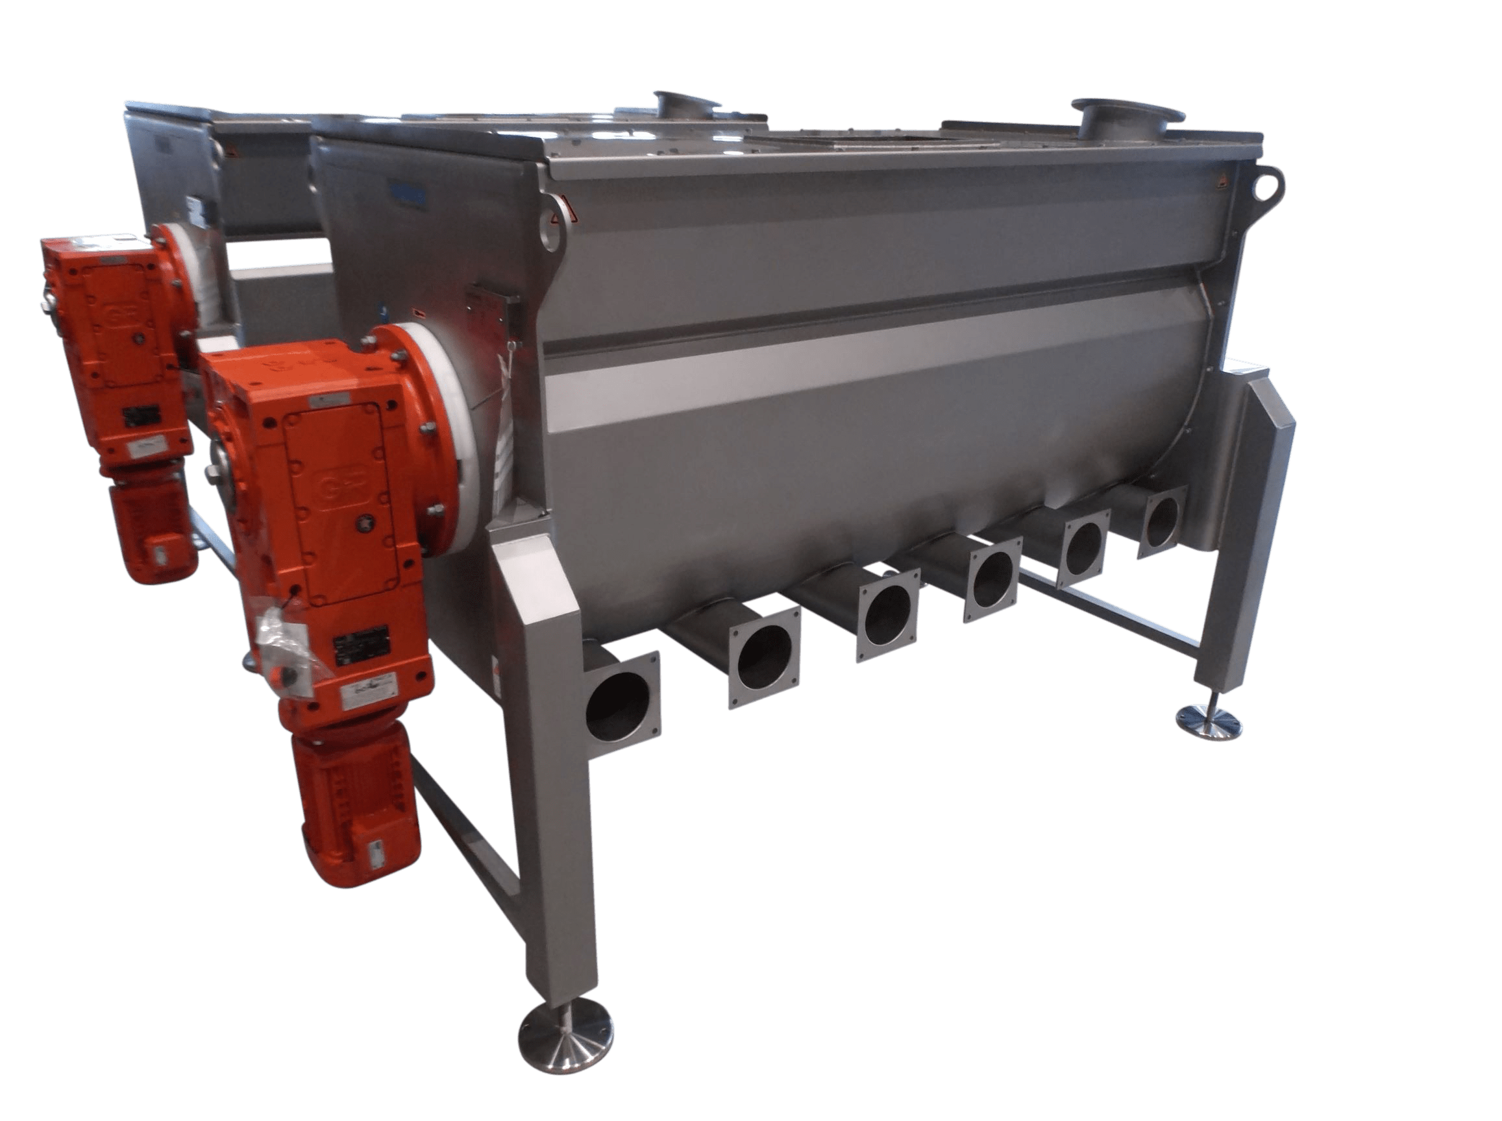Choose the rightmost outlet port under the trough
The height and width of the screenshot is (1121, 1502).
[1163, 519]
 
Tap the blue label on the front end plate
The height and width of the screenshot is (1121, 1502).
[406, 197]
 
